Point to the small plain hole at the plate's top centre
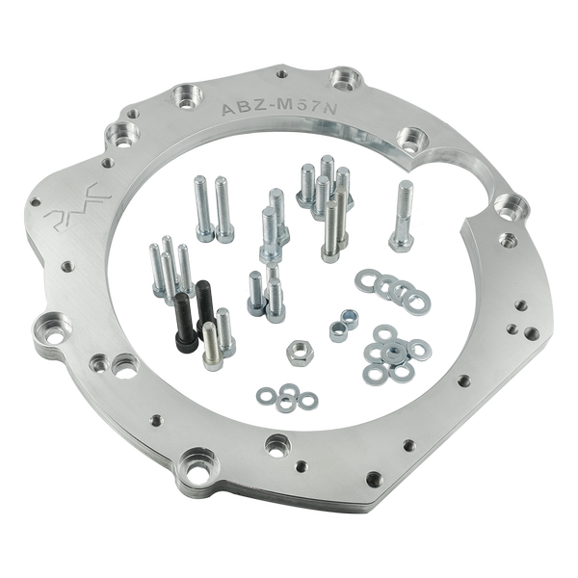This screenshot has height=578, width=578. pos(280,71)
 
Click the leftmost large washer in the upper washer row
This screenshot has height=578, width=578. pos(367,280)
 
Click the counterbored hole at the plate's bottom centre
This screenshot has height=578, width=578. pos(279,444)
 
